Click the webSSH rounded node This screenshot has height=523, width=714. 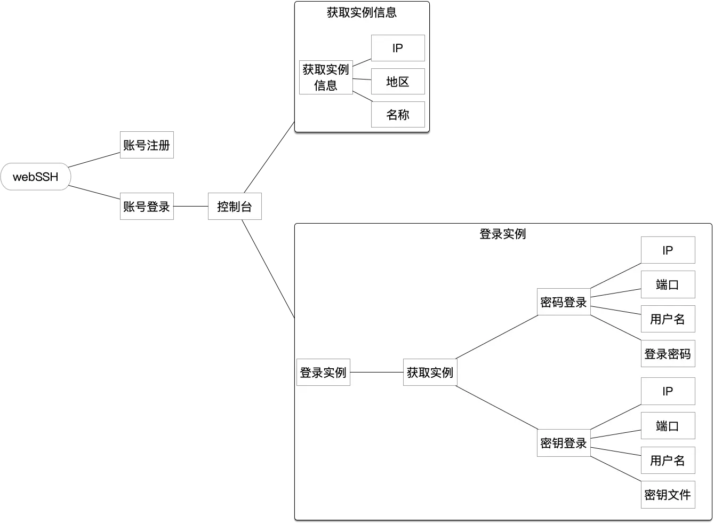36,177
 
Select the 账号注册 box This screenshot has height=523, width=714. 147,145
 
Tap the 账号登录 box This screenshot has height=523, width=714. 147,207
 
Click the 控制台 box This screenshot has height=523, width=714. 235,207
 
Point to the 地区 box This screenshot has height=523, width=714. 398,82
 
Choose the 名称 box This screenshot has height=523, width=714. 398,115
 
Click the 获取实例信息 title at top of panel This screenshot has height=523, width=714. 362,13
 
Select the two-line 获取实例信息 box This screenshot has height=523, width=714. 326,77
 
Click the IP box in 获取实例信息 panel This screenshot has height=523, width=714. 398,49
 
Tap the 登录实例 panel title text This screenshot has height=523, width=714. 503,234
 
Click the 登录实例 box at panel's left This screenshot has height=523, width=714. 323,373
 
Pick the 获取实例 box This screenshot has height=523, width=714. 430,373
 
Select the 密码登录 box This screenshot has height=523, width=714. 564,302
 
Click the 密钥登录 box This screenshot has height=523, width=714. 564,443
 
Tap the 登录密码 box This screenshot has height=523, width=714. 668,354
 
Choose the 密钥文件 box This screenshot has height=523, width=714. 668,495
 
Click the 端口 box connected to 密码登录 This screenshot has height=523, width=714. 668,284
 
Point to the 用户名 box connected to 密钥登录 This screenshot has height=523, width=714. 668,461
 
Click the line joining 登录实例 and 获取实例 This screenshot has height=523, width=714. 376,373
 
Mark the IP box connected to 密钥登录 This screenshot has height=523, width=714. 668,391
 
